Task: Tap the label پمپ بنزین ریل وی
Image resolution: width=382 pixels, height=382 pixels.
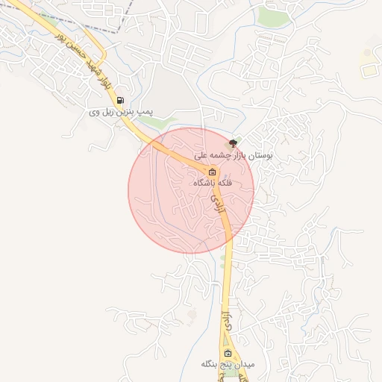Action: click(121, 112)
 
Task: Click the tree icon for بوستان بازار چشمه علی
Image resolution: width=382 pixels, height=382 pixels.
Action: click(234, 143)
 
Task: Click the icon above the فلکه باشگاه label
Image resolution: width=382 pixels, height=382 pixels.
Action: click(213, 172)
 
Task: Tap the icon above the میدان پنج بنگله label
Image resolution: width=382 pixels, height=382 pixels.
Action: click(228, 354)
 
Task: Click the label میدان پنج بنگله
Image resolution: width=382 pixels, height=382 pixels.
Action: click(228, 365)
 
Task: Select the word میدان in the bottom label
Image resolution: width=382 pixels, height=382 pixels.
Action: click(245, 365)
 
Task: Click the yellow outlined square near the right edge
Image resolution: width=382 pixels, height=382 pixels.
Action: click(369, 69)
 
